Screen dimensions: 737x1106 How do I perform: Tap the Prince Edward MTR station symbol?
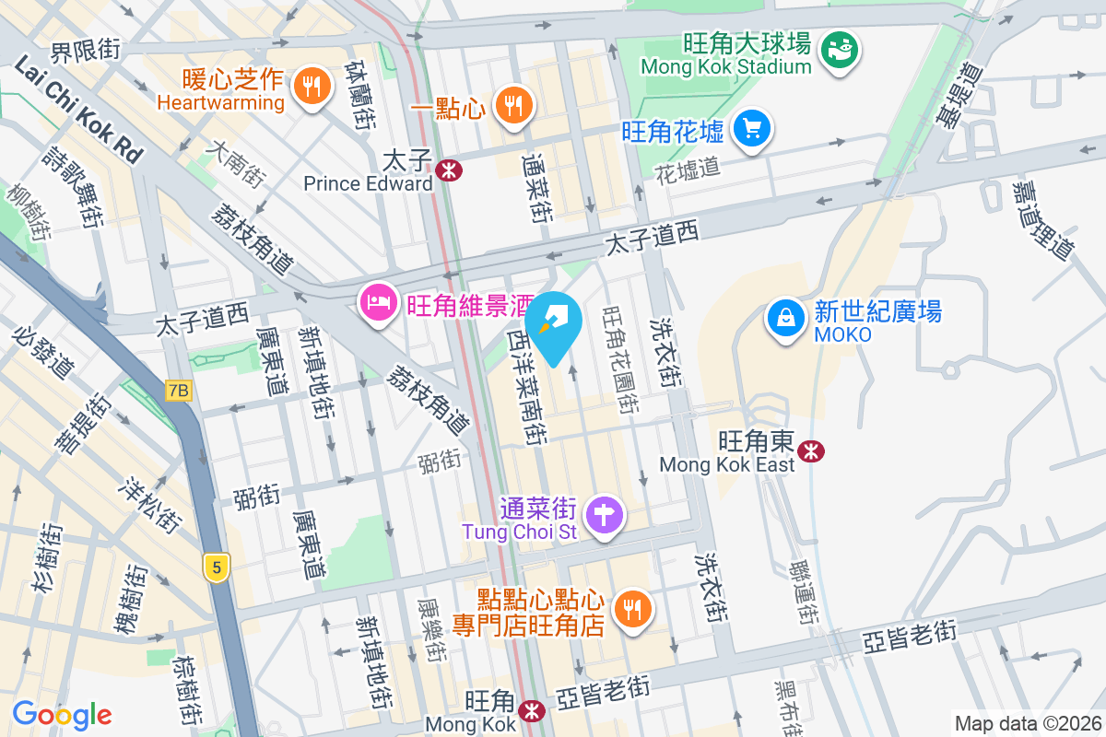pyautogui.click(x=449, y=170)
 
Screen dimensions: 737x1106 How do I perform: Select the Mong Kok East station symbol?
pyautogui.click(x=812, y=450)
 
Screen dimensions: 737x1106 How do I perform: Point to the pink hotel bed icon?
pyautogui.click(x=379, y=301)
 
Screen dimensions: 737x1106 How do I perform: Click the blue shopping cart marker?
pyautogui.click(x=752, y=128)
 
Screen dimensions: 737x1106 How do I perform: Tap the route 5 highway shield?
pyautogui.click(x=217, y=567)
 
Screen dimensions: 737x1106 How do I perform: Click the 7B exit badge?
pyautogui.click(x=178, y=391)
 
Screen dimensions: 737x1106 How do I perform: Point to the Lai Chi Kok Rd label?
pyautogui.click(x=78, y=110)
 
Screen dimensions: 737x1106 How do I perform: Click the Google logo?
pyautogui.click(x=63, y=714)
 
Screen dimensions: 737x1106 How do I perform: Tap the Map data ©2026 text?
pyautogui.click(x=1027, y=723)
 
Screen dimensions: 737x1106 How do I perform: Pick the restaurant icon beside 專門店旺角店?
pyautogui.click(x=632, y=609)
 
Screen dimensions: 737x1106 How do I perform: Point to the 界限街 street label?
pyautogui.click(x=86, y=51)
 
